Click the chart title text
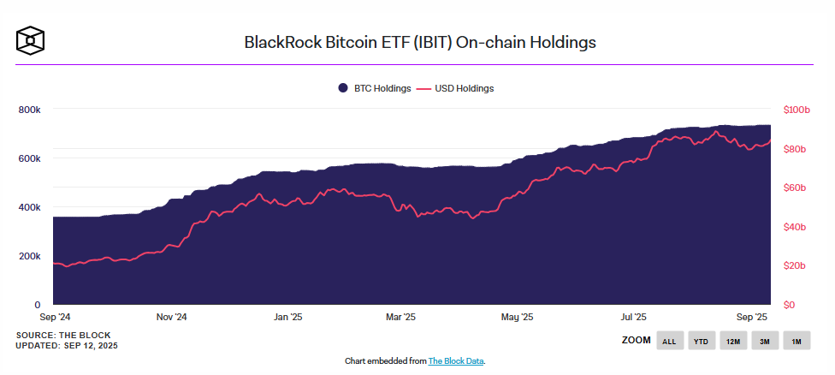pos(420,41)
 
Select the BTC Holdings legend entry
pos(375,88)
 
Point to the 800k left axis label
pos(30,110)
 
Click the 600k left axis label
pos(30,158)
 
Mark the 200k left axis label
pos(30,256)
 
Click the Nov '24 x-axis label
pos(171,317)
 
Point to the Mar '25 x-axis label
pos(401,317)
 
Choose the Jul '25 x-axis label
pos(634,317)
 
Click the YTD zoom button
pos(701,341)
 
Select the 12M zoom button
pos(732,341)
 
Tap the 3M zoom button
pos(764,341)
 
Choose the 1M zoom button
pos(796,341)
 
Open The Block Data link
pos(456,361)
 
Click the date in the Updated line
pos(90,345)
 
